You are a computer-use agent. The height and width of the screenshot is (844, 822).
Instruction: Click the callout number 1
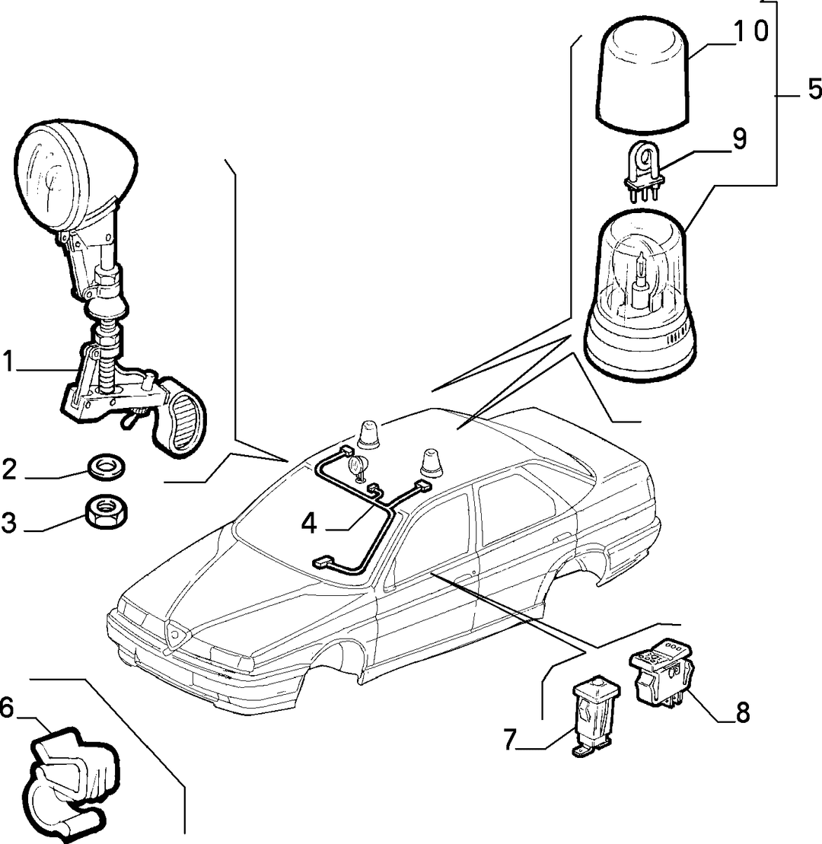(x=8, y=361)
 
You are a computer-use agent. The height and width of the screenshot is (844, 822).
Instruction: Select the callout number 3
(x=8, y=522)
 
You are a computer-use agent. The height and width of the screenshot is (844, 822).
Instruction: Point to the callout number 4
(x=309, y=523)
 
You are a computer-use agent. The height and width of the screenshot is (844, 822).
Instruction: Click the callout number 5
(x=814, y=88)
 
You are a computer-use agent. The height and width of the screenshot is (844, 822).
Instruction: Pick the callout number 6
(x=6, y=707)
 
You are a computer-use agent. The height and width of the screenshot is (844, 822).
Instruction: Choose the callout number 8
(x=742, y=713)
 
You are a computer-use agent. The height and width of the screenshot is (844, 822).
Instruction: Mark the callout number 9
(x=739, y=139)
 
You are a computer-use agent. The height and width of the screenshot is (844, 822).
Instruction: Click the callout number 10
(x=751, y=32)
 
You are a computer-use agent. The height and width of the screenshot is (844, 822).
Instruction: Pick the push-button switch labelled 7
(x=595, y=716)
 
